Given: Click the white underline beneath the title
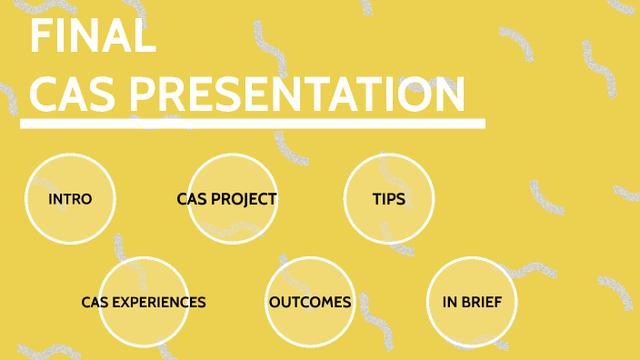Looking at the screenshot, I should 252,124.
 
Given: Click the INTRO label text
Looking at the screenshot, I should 70,199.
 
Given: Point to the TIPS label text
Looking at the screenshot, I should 389,199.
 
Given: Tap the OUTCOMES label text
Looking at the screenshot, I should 310,302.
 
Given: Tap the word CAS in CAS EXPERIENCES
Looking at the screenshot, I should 95,302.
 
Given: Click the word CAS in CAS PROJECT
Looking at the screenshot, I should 192,199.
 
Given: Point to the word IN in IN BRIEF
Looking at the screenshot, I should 450,302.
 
